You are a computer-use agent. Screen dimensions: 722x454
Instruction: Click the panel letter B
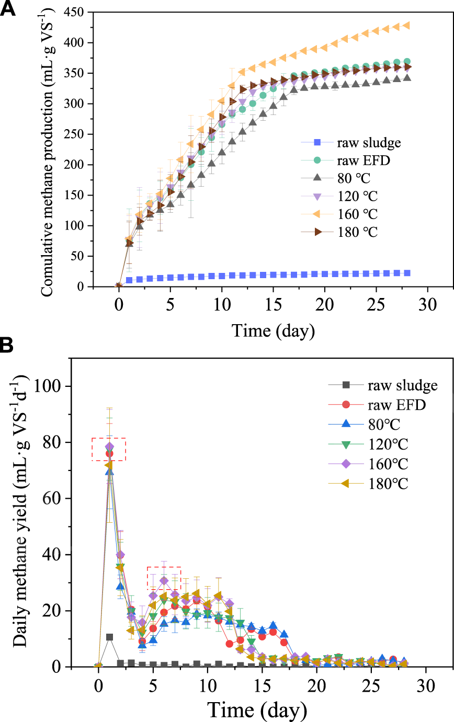(x=9, y=346)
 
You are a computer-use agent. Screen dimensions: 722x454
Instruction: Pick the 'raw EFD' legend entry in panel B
(x=390, y=405)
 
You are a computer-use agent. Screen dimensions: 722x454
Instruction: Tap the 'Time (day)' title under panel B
(x=256, y=710)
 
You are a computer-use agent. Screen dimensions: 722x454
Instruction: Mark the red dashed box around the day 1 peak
(x=109, y=449)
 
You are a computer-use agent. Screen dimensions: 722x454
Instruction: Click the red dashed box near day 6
(x=164, y=578)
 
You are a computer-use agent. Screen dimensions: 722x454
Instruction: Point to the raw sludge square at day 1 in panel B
(x=109, y=637)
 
